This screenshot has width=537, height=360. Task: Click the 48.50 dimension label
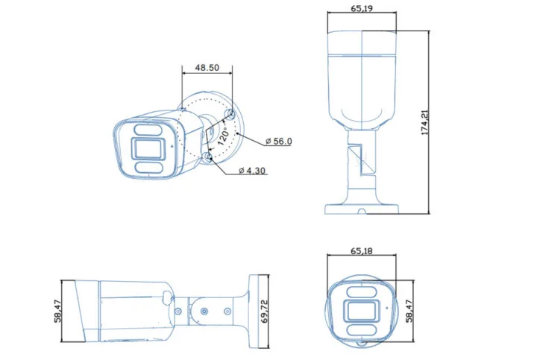point(207,67)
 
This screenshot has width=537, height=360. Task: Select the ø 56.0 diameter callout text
point(277,141)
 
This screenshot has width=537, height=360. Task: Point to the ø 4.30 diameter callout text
point(252,171)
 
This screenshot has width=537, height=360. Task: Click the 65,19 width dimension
point(362,8)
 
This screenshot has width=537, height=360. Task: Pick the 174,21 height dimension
point(426,122)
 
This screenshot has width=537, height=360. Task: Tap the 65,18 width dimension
point(362,251)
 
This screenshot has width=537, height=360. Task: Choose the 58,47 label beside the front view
point(408,311)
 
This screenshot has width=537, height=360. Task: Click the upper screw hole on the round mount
point(230,113)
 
